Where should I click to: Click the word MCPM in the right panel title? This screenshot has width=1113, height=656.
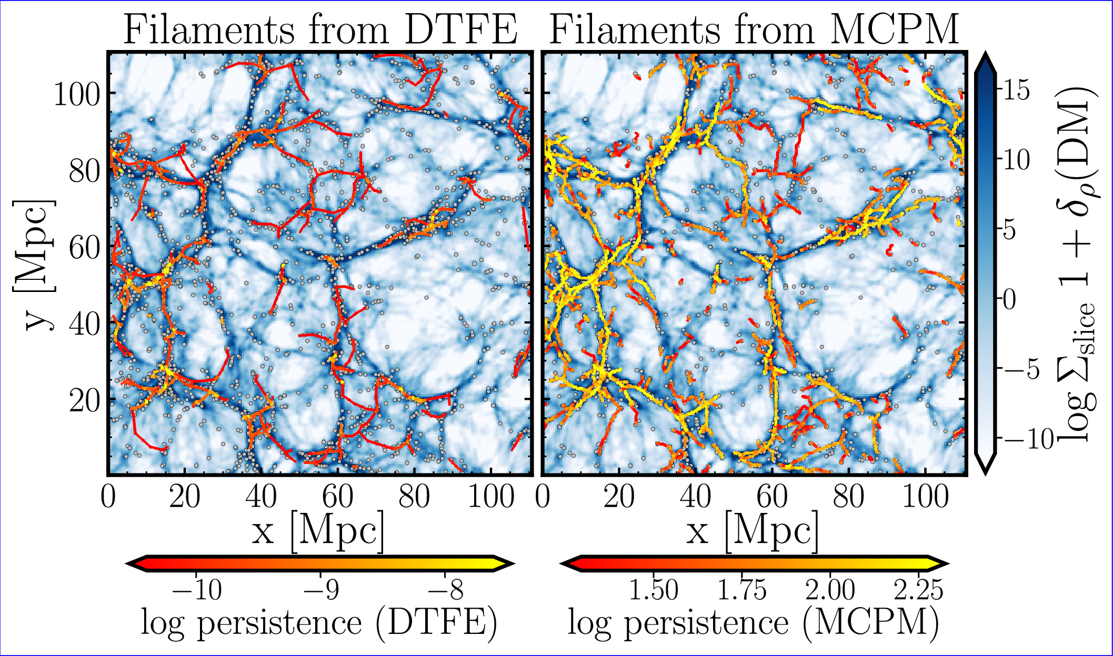tap(894, 29)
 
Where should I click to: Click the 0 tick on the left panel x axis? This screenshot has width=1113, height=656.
tap(108, 496)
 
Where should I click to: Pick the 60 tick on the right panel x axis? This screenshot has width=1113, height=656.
tap(771, 496)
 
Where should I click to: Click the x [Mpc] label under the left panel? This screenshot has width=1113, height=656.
tap(318, 531)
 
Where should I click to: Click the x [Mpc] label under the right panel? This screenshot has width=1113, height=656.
tap(753, 531)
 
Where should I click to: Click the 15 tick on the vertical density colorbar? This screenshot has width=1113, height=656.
tap(1015, 90)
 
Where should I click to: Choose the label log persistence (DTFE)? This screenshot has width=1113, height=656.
tap(318, 624)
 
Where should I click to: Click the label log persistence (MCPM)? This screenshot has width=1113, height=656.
tap(753, 624)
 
